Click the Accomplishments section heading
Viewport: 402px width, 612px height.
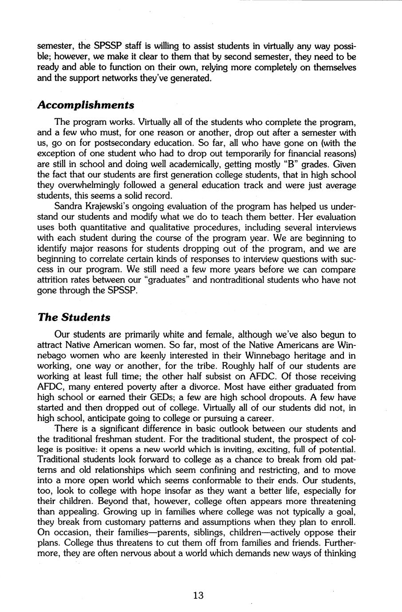86,105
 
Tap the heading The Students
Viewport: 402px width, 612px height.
74,318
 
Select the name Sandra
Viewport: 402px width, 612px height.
68,207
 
